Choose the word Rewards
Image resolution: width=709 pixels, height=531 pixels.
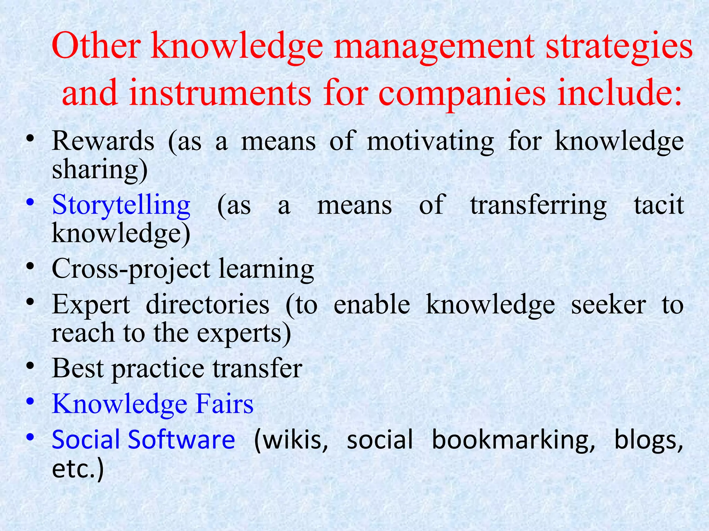103,141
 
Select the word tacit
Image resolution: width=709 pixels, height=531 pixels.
659,205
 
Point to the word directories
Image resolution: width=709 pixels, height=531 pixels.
207,305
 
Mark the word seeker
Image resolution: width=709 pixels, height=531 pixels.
608,305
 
